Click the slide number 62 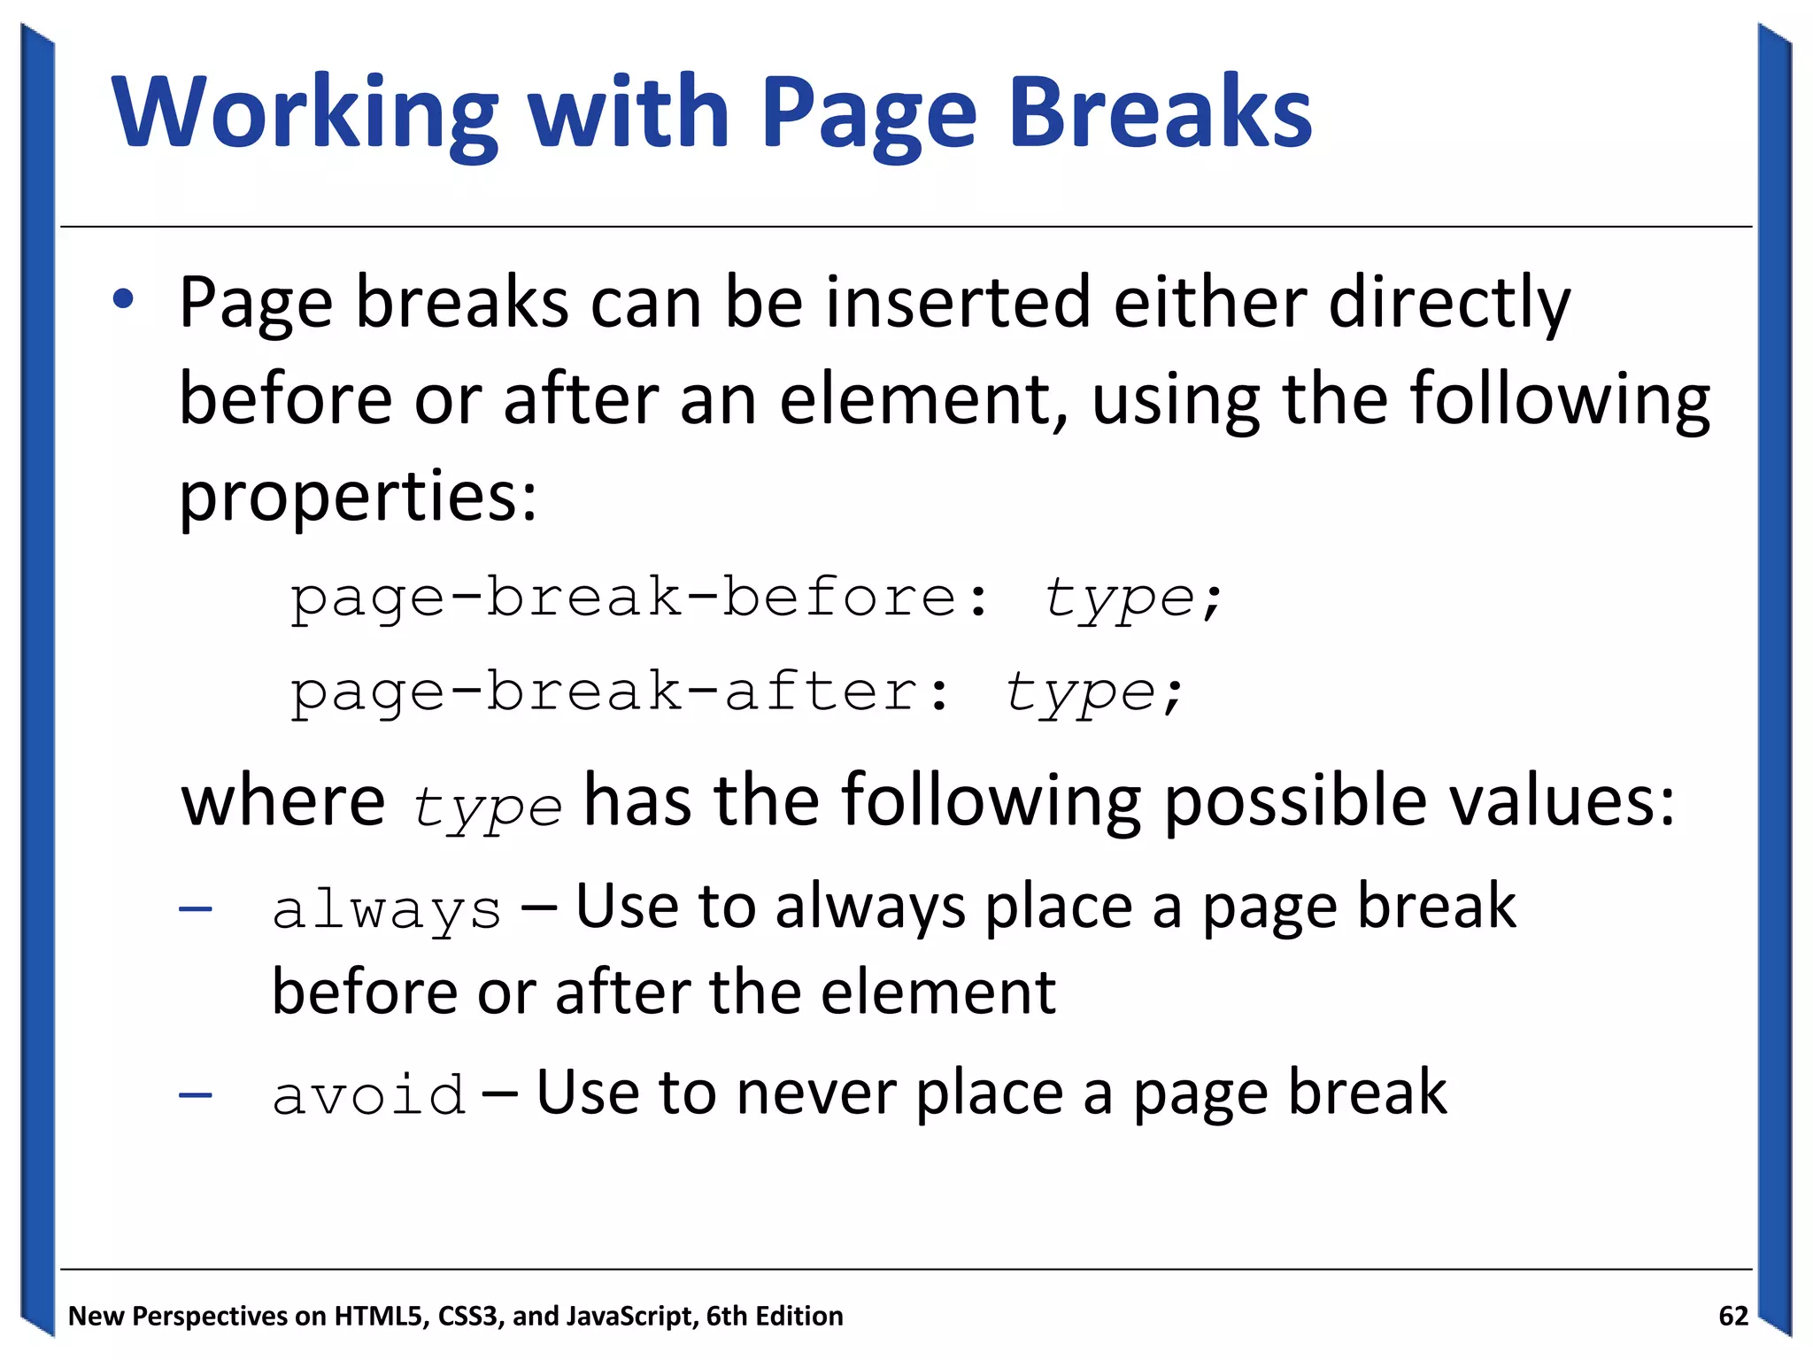(1732, 1317)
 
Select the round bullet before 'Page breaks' (123, 299)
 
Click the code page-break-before (623, 599)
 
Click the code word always (387, 911)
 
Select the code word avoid (368, 1096)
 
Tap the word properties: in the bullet (358, 498)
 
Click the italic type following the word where (487, 807)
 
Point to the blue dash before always (195, 909)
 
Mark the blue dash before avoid (195, 1096)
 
